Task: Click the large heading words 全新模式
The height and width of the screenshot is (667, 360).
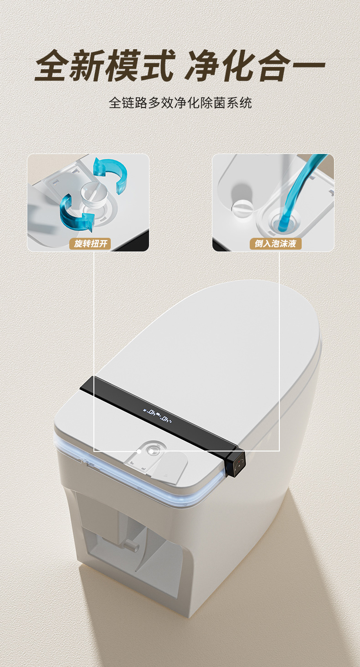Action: pos(104,66)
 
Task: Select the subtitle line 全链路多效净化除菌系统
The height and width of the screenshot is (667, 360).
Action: pos(180,103)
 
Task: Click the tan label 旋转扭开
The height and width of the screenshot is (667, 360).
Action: pos(90,244)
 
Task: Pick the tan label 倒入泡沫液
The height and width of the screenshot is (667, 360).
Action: pos(275,244)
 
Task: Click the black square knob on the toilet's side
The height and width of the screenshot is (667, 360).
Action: pos(237,465)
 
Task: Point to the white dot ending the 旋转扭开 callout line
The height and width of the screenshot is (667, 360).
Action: pos(139,452)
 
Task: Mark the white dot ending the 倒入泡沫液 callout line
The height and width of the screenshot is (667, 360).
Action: pos(151,452)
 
